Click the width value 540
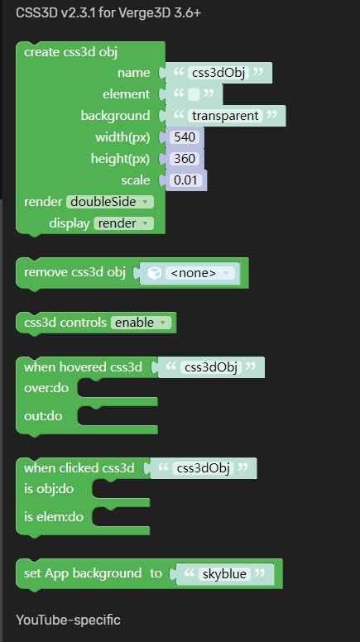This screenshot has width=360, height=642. pyautogui.click(x=185, y=137)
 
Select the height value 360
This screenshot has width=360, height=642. pyautogui.click(x=185, y=159)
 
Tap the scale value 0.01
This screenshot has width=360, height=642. pyautogui.click(x=185, y=180)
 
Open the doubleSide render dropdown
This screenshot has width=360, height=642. pyautogui.click(x=110, y=202)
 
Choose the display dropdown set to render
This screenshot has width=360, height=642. pyautogui.click(x=123, y=223)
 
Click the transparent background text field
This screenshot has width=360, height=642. pyautogui.click(x=225, y=116)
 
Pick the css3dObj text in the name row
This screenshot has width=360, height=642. pyautogui.click(x=218, y=73)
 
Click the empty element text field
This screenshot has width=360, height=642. pyautogui.click(x=194, y=94)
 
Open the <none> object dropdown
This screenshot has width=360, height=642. pyautogui.click(x=200, y=273)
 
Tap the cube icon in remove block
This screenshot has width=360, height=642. pyautogui.click(x=155, y=273)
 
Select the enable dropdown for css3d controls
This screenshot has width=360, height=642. pyautogui.click(x=141, y=323)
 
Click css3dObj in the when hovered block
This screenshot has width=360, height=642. pyautogui.click(x=211, y=367)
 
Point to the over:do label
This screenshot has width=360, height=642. pyautogui.click(x=46, y=388)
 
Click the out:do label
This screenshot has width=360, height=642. pyautogui.click(x=43, y=416)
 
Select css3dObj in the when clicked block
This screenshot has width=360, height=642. pyautogui.click(x=203, y=468)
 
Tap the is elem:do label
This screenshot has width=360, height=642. pyautogui.click(x=54, y=517)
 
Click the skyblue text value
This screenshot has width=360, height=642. pyautogui.click(x=225, y=573)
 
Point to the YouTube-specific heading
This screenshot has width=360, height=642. pyautogui.click(x=69, y=620)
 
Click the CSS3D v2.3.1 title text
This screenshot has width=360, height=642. pyautogui.click(x=108, y=13)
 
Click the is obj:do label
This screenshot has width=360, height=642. pyautogui.click(x=49, y=489)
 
